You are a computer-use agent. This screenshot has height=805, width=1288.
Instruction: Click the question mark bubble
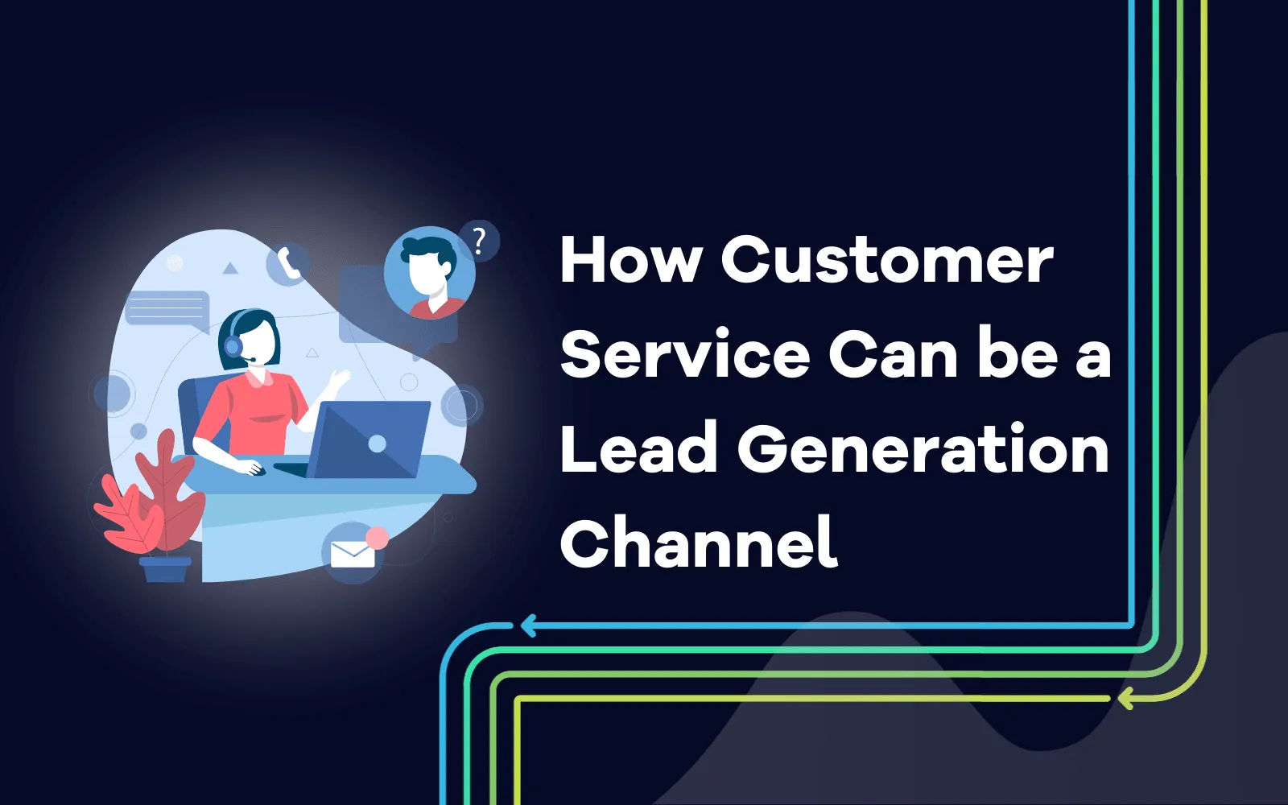pyautogui.click(x=479, y=240)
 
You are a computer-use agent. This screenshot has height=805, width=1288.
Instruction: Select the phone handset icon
pyautogui.click(x=289, y=263)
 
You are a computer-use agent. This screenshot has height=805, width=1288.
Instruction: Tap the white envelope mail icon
pyautogui.click(x=353, y=555)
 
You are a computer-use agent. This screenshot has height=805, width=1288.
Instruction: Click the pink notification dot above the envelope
pyautogui.click(x=377, y=538)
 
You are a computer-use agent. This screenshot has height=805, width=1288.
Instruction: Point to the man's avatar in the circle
pyautogui.click(x=430, y=272)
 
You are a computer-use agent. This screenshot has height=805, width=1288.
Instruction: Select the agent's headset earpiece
pyautogui.click(x=233, y=346)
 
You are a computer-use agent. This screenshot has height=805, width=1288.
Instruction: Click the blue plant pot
pyautogui.click(x=165, y=569)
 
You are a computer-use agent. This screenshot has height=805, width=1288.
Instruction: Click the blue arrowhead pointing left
pyautogui.click(x=528, y=625)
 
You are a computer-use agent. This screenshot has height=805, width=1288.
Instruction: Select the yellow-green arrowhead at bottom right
pyautogui.click(x=1125, y=698)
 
